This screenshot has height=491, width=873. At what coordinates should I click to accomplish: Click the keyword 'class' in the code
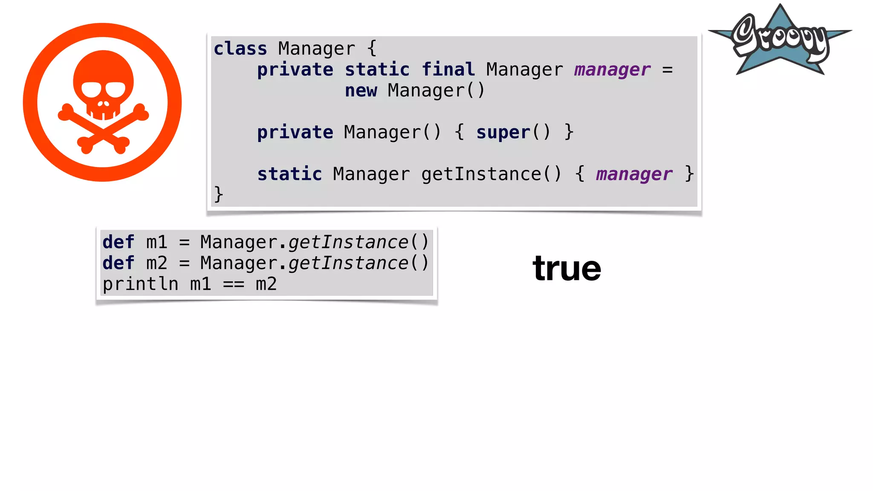click(240, 49)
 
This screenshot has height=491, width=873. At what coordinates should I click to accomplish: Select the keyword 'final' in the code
click(448, 69)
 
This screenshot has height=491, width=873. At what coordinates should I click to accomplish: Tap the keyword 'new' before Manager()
click(361, 90)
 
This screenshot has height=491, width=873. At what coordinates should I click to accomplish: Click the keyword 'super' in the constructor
click(503, 132)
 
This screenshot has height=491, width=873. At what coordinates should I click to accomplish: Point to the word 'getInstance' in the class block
click(481, 174)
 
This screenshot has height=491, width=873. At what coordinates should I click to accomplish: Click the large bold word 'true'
click(567, 268)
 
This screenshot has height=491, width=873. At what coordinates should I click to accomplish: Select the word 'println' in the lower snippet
click(140, 284)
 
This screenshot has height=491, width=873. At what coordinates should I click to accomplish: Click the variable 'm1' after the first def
click(156, 242)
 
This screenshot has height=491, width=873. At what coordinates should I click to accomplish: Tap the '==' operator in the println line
click(234, 284)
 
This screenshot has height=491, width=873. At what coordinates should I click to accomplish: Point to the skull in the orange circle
click(103, 85)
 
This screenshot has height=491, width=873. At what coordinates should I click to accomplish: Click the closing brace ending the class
click(218, 194)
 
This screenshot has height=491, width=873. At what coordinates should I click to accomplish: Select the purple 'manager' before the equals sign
click(612, 69)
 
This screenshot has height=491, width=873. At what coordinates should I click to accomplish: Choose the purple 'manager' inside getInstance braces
click(634, 174)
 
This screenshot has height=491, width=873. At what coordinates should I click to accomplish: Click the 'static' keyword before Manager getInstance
click(289, 174)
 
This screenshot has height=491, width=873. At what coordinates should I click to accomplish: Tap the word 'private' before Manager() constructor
click(295, 132)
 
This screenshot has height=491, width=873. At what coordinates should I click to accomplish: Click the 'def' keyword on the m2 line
click(118, 263)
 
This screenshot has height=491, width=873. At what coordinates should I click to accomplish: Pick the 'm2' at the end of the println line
click(266, 284)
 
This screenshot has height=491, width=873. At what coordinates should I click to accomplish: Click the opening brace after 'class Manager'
click(372, 49)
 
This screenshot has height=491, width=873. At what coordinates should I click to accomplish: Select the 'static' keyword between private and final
click(377, 69)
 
